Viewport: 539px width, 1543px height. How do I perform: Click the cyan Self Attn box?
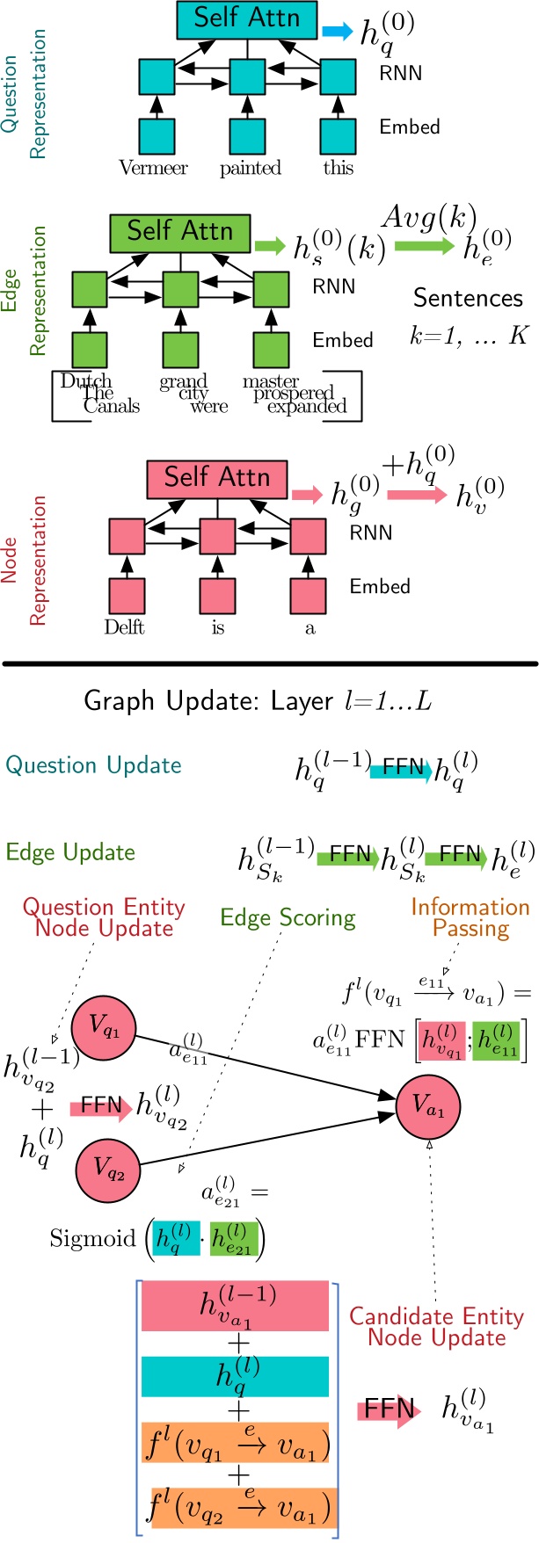pos(246,19)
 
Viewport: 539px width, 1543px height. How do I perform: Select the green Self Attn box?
pos(179,232)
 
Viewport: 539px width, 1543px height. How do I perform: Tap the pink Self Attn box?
pos(216,479)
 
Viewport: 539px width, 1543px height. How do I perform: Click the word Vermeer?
pos(153,168)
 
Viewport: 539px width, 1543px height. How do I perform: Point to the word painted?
pos(251,168)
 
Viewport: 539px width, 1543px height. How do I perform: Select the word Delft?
pos(124,627)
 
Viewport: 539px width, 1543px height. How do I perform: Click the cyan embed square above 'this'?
pos(338,135)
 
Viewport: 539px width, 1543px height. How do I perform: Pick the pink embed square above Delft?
pos(126,595)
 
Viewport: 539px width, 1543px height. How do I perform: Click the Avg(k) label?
pos(428,218)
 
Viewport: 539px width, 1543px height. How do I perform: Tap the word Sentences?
pos(468,299)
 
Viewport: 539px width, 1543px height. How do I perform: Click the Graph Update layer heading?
pos(257,701)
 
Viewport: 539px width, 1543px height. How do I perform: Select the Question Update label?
pos(93,765)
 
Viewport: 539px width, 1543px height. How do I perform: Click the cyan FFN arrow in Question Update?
pos(401,771)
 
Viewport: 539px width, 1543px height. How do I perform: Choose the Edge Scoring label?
pos(288,918)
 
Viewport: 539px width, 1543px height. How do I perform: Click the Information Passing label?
pos(470,917)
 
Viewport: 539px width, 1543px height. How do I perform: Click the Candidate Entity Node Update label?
pos(436,1327)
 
